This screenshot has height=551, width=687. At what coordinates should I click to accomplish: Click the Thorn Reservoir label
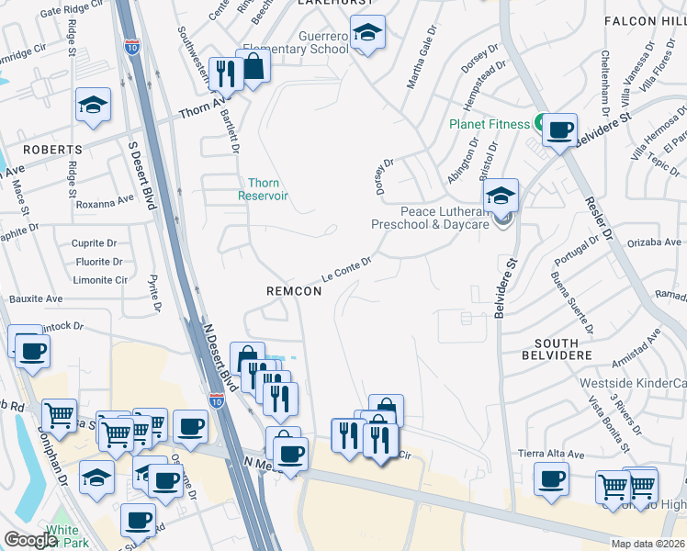coord(264,189)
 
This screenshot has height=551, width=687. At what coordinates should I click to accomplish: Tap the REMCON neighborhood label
coord(294,291)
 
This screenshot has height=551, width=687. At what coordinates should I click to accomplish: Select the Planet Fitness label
coord(490,124)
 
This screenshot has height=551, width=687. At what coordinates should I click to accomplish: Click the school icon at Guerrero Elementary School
coord(367,35)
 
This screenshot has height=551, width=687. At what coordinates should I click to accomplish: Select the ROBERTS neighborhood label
coord(52,149)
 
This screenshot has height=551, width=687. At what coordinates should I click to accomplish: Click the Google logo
coord(31,540)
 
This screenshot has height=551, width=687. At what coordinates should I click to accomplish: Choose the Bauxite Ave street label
coord(36,298)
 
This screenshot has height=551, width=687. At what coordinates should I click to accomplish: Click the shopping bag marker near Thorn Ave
coord(254,67)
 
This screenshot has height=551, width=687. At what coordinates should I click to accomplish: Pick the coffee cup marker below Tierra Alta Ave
coord(551,478)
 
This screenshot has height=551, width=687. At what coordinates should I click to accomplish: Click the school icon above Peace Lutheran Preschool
coord(501,196)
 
